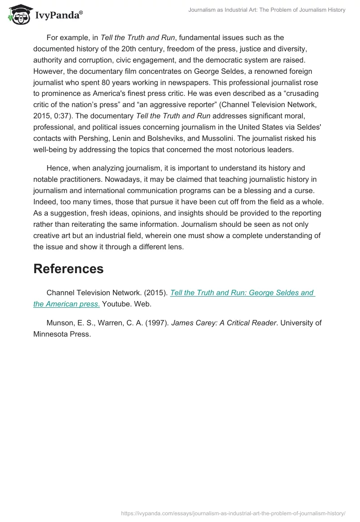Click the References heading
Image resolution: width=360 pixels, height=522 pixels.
(x=68, y=269)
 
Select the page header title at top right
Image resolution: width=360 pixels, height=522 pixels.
(x=267, y=10)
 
